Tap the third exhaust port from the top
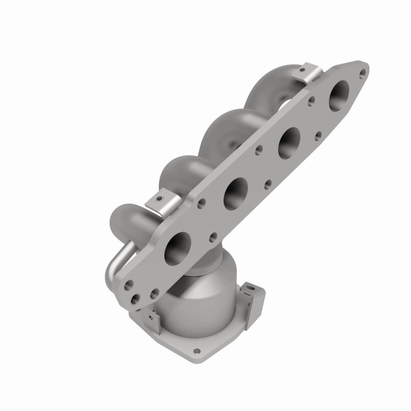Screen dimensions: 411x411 (237, 190)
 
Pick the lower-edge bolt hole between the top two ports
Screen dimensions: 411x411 (319, 136)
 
